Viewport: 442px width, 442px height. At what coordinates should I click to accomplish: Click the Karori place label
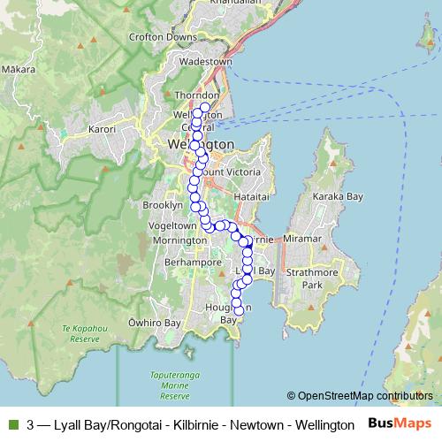tap(103, 129)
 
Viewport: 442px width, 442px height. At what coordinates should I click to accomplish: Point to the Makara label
tap(18, 68)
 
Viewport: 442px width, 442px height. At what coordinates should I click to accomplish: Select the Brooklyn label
tap(162, 205)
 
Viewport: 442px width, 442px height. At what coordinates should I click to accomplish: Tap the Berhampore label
tap(192, 263)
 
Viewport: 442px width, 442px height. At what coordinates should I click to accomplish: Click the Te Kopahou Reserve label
tap(81, 334)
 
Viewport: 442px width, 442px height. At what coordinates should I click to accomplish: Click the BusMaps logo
tap(400, 424)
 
